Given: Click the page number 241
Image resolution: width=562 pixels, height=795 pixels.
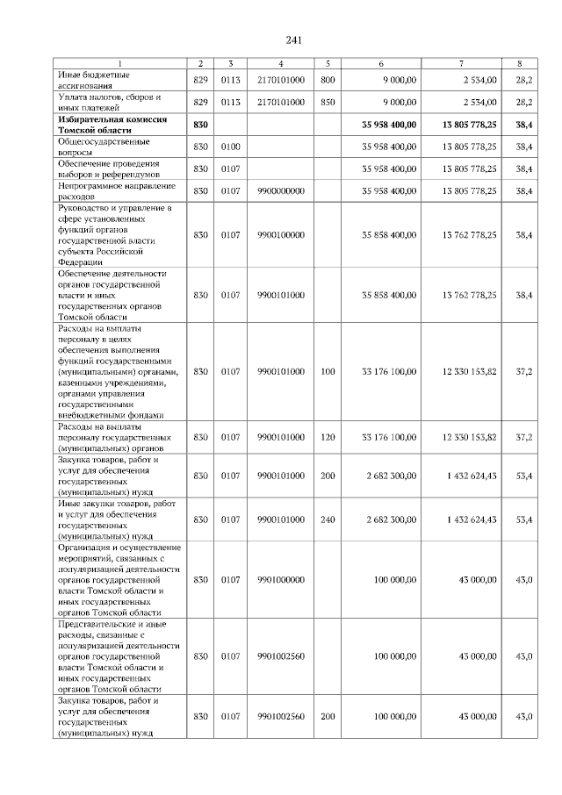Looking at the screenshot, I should click(293, 40).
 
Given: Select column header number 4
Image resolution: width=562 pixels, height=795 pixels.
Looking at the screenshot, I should click(280, 63).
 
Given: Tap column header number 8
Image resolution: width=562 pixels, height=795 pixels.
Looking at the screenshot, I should click(524, 63).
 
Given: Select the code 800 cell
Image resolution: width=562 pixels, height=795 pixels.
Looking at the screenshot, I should click(328, 80).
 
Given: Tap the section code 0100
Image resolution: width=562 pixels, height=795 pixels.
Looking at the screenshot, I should click(230, 146).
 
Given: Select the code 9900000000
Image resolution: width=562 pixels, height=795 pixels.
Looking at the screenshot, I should click(280, 190).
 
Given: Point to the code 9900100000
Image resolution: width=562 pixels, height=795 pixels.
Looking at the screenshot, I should click(280, 235).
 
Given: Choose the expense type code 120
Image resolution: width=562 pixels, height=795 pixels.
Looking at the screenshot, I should click(328, 436).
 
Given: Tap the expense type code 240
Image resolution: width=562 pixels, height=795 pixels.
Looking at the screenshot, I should click(328, 519).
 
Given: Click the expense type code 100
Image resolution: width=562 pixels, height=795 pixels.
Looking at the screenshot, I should click(328, 372).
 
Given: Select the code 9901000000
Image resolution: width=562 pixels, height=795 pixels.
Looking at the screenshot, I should click(280, 580).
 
